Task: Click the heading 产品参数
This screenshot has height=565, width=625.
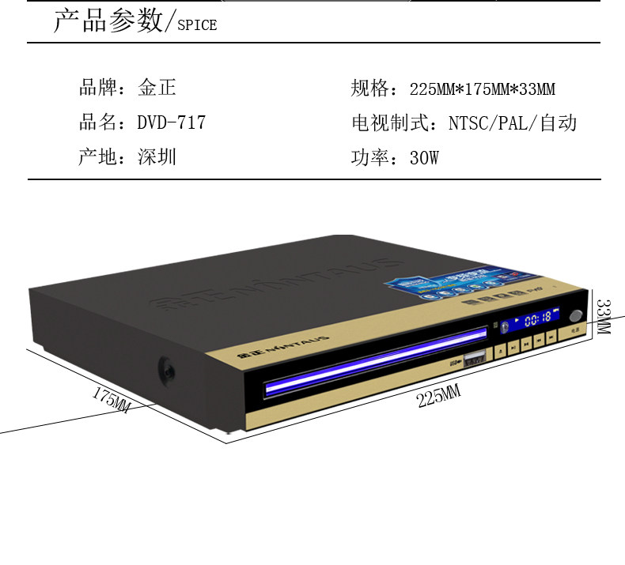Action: point(107,22)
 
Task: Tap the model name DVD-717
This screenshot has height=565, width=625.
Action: point(171,123)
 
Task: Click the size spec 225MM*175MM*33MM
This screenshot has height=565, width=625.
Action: point(482,89)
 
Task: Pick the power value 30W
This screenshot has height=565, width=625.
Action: point(423,158)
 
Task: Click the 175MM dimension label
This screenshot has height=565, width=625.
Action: point(112,399)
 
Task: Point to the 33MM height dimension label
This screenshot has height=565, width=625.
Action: point(604,315)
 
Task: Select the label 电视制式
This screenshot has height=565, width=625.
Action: point(386,123)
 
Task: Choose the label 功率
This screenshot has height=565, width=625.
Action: point(369,158)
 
